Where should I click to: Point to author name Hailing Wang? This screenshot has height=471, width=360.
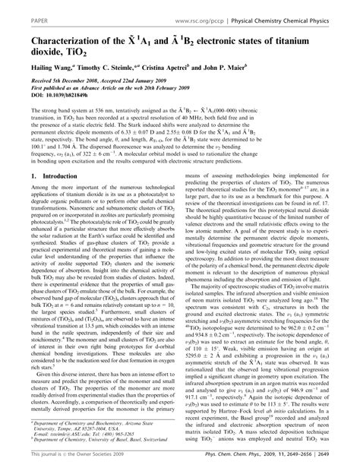(36, 66)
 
